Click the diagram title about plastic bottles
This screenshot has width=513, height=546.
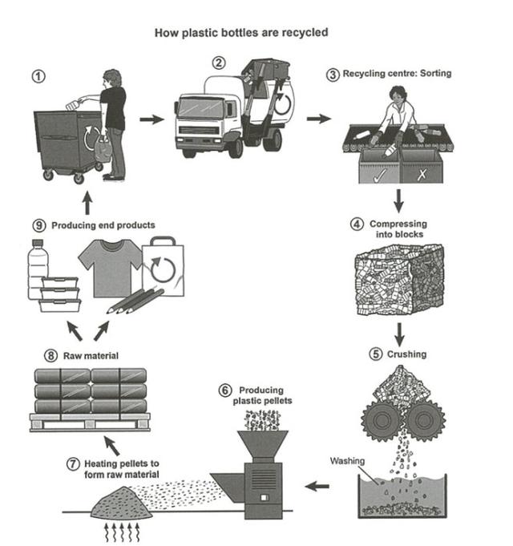(240, 34)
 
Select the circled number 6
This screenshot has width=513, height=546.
(224, 390)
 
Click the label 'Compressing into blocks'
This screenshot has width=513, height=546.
(398, 229)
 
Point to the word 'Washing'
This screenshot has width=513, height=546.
(347, 461)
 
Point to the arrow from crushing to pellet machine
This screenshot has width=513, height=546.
(317, 486)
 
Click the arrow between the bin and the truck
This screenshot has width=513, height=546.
(150, 119)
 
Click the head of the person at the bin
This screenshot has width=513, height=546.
(111, 79)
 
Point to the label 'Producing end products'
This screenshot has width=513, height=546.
(103, 225)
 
